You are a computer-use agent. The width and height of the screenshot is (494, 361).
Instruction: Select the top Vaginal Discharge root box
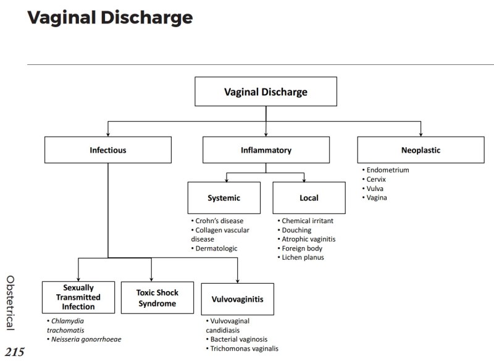pyautogui.click(x=266, y=92)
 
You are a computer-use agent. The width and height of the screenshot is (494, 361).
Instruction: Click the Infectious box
pyautogui.click(x=107, y=150)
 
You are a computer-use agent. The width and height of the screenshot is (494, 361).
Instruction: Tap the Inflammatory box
pyautogui.click(x=266, y=150)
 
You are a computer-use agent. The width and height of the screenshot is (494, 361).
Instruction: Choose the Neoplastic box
pyautogui.click(x=421, y=150)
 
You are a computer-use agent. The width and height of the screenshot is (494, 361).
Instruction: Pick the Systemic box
pyautogui.click(x=224, y=198)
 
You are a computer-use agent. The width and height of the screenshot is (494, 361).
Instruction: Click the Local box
pyautogui.click(x=309, y=198)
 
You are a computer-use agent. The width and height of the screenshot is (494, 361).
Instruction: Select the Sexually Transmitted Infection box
pyautogui.click(x=78, y=297)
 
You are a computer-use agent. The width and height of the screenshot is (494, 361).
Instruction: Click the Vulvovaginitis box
pyautogui.click(x=238, y=299)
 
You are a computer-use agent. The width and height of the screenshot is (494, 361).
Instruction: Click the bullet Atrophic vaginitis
pyautogui.click(x=309, y=239)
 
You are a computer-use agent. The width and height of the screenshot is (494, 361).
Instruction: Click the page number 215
pyautogui.click(x=15, y=352)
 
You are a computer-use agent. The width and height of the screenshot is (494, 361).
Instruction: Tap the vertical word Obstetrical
pyautogui.click(x=10, y=301)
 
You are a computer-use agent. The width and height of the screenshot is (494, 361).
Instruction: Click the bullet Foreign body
pyautogui.click(x=303, y=248)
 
